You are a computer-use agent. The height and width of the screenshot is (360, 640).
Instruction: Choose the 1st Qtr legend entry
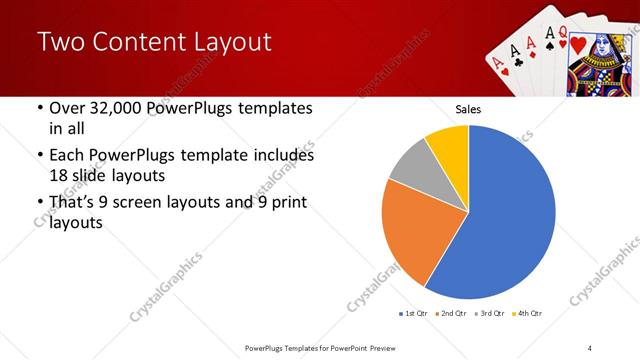(413, 314)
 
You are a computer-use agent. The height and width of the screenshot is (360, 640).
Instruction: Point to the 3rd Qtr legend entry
(490, 314)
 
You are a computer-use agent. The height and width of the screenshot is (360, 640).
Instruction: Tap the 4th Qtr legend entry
(527, 314)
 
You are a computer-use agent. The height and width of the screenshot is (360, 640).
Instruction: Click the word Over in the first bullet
(67, 108)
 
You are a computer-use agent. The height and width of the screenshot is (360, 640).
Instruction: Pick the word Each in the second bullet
(67, 156)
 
